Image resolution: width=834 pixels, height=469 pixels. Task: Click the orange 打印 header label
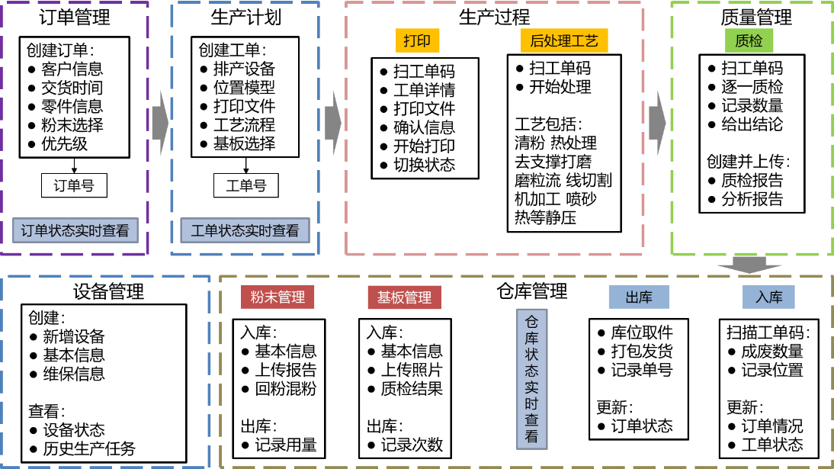(418, 40)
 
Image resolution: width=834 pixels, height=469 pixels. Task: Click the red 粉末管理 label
(277, 297)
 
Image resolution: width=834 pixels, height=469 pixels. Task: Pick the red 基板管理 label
(404, 297)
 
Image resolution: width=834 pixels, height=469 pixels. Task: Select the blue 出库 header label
(637, 297)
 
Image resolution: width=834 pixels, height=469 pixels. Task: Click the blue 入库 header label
(768, 297)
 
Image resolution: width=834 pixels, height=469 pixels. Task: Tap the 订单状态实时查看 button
(74, 230)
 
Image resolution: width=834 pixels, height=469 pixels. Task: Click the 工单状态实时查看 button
(245, 230)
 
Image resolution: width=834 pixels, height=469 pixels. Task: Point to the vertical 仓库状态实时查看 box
(531, 377)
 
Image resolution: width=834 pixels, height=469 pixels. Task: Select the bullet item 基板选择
(244, 143)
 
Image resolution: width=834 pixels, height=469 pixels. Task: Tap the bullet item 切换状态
(424, 164)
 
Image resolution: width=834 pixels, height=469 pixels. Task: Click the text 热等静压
(545, 217)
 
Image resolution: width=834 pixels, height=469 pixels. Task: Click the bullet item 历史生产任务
(88, 448)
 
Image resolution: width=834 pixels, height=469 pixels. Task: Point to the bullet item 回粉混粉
(285, 388)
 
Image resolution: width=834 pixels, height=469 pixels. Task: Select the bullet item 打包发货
(642, 351)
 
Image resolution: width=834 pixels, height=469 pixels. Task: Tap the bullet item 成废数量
(771, 351)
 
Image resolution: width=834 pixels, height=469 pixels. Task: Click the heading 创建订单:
(60, 50)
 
